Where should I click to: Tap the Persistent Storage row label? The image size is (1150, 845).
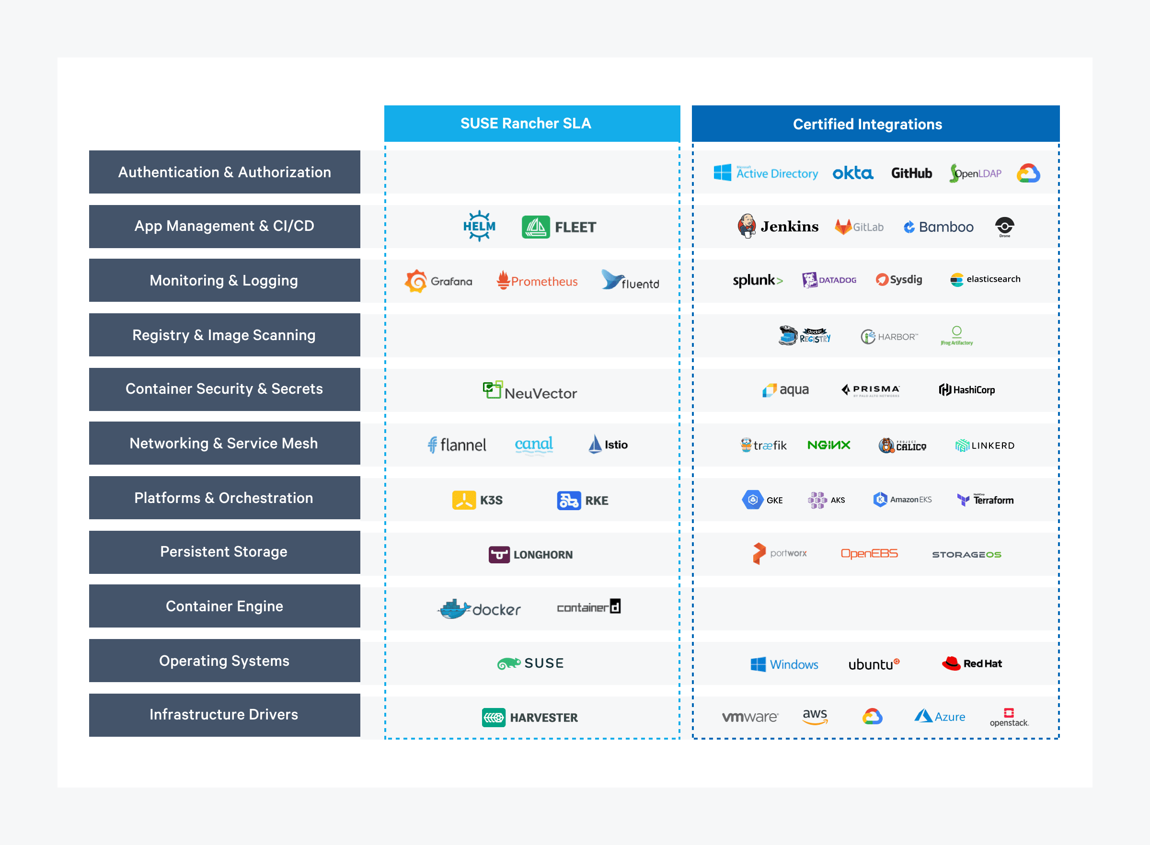pyautogui.click(x=224, y=552)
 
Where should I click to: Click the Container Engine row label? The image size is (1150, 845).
pyautogui.click(x=224, y=606)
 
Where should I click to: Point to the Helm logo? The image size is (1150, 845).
pyautogui.click(x=479, y=226)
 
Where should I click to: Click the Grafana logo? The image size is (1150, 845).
pyautogui.click(x=438, y=281)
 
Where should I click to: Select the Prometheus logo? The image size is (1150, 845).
pyautogui.click(x=537, y=281)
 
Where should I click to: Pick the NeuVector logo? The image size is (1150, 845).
pyautogui.click(x=530, y=391)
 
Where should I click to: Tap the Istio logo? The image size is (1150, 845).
pyautogui.click(x=608, y=444)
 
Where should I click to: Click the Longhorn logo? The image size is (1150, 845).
pyautogui.click(x=530, y=554)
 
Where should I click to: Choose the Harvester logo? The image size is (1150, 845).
pyautogui.click(x=530, y=717)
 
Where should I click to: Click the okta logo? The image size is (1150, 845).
pyautogui.click(x=853, y=173)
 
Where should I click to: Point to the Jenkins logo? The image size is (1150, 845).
pyautogui.click(x=778, y=226)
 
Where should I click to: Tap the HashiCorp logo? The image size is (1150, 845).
pyautogui.click(x=967, y=390)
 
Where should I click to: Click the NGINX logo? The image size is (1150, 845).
pyautogui.click(x=829, y=445)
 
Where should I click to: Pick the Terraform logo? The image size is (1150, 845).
pyautogui.click(x=985, y=500)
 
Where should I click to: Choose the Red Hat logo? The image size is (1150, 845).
pyautogui.click(x=971, y=663)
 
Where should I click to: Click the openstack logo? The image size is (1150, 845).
pyautogui.click(x=1009, y=717)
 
